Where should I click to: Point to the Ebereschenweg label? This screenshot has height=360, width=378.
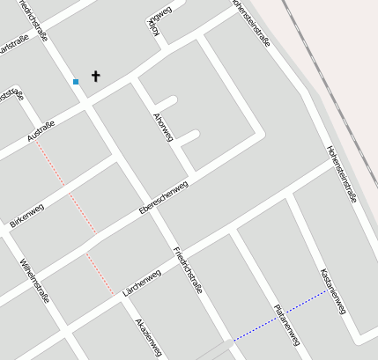click(164, 199)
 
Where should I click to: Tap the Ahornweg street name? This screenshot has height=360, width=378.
click(164, 128)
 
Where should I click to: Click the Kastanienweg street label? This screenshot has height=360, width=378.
click(334, 291)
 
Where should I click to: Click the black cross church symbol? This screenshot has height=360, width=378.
click(96, 77)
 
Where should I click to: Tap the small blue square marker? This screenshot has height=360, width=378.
click(76, 82)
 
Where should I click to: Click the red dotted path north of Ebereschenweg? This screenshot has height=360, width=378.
click(66, 187)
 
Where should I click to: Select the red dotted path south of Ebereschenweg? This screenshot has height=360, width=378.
click(100, 273)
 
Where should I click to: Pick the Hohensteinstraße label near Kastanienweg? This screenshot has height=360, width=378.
click(341, 174)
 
